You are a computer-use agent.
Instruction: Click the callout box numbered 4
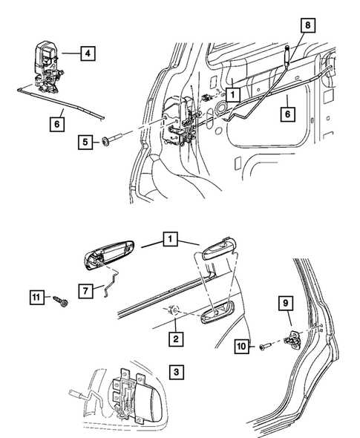(x=88, y=53)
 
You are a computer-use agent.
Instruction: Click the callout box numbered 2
(x=175, y=339)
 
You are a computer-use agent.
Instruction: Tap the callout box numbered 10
(x=243, y=345)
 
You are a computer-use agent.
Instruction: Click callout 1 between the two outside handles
(x=171, y=240)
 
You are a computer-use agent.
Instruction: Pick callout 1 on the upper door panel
(x=232, y=94)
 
